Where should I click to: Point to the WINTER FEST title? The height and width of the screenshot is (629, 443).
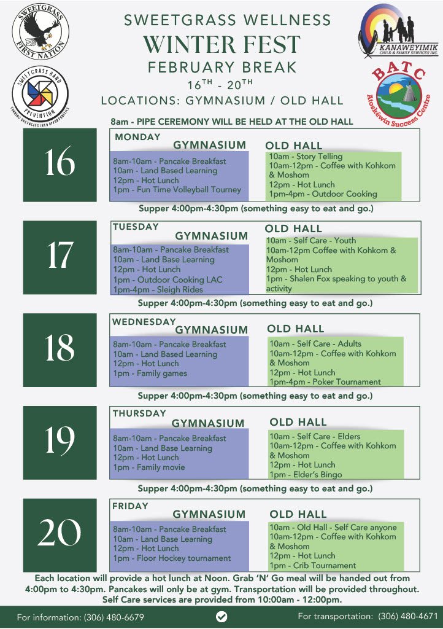click(x=221, y=44)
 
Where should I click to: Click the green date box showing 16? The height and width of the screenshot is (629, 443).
click(x=60, y=163)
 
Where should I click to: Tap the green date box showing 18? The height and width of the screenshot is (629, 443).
click(x=60, y=348)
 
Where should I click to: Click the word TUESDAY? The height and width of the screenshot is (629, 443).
click(x=136, y=227)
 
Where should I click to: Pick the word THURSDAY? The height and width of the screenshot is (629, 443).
click(x=139, y=413)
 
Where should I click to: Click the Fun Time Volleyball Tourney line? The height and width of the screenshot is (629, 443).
click(x=177, y=190)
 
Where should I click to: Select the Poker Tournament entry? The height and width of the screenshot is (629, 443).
click(x=325, y=381)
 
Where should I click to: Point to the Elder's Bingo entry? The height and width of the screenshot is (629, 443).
click(x=306, y=474)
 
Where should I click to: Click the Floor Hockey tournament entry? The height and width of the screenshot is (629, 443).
click(x=172, y=558)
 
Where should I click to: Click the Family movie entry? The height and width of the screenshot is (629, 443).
click(x=148, y=467)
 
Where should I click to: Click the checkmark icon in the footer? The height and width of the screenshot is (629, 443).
click(x=221, y=616)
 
